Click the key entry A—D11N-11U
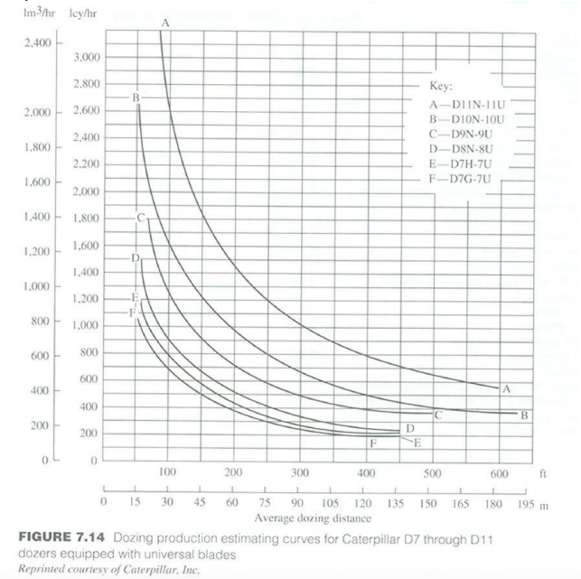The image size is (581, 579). tap(465, 105)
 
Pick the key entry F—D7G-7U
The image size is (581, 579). tap(464, 178)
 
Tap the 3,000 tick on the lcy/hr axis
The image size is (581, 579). tap(86, 58)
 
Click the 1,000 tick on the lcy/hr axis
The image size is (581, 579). tap(86, 325)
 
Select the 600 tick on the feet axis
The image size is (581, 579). tap(499, 473)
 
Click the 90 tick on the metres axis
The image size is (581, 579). tap(299, 503)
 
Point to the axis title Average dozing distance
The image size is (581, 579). tap(301, 518)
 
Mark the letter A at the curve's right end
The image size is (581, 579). tap(506, 389)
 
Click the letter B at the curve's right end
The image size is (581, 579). tap(522, 416)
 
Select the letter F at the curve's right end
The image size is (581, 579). tap(372, 443)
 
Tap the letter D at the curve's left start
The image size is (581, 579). tap(135, 258)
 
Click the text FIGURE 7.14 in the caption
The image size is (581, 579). tap(59, 538)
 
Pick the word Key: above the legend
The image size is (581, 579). tap(440, 88)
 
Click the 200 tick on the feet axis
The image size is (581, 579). tap(233, 473)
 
